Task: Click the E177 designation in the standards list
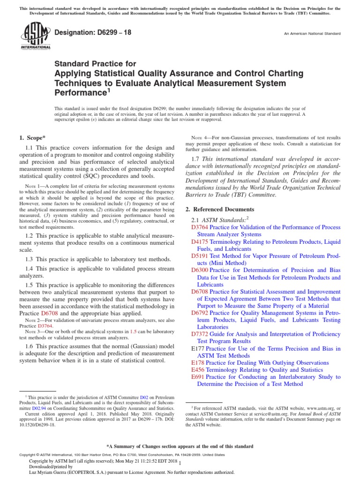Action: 199,349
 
